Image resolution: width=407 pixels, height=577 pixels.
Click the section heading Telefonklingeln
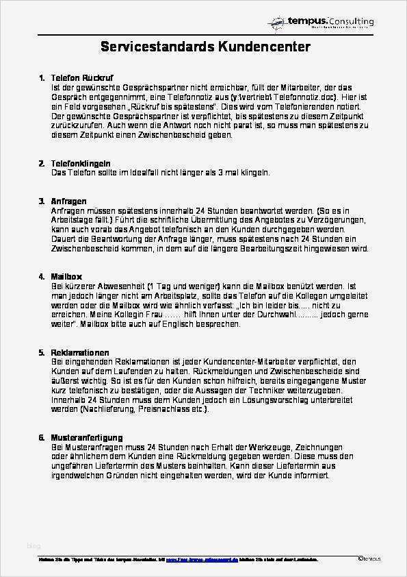click(x=81, y=164)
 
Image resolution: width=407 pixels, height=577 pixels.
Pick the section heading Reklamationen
click(x=80, y=352)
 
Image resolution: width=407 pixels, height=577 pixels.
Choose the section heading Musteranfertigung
click(x=87, y=437)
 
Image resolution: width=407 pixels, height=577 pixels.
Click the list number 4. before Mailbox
click(x=42, y=276)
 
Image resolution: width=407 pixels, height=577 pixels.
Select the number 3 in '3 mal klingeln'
click(x=225, y=173)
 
